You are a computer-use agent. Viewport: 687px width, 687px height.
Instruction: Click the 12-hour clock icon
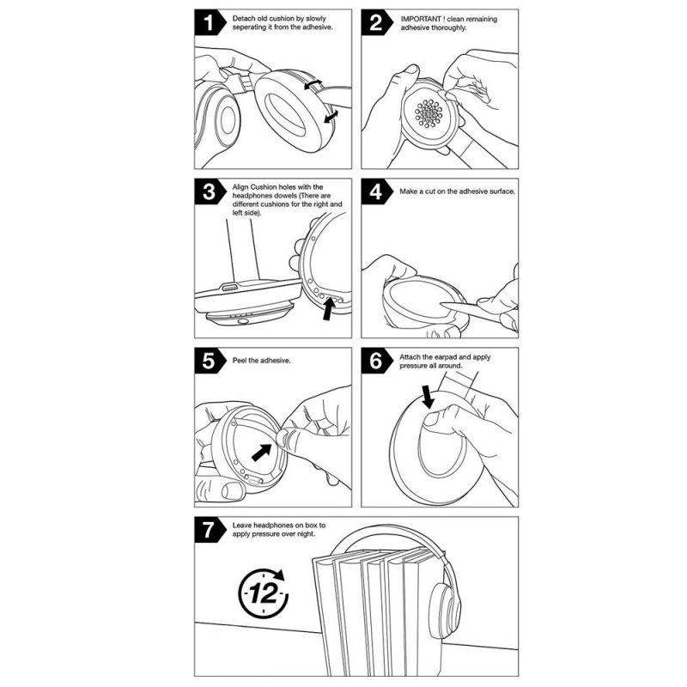point(261,592)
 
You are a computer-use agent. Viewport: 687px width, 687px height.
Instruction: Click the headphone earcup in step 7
point(440,601)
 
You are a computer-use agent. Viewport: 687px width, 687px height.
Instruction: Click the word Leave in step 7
point(242,524)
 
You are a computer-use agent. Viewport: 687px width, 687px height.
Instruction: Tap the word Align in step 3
point(241,186)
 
